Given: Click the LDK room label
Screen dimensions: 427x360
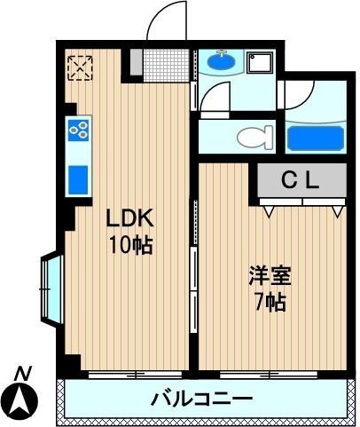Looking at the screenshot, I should [x=131, y=218].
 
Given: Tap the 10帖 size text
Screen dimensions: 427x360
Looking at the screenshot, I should [x=131, y=243].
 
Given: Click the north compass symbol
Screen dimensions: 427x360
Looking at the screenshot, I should [x=23, y=403].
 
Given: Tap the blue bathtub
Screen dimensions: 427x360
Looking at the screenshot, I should [x=316, y=138].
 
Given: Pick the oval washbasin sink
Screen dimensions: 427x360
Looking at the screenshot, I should [x=221, y=63].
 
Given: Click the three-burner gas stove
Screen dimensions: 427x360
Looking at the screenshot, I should [x=79, y=130].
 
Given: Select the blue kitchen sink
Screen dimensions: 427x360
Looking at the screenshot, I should [x=79, y=178].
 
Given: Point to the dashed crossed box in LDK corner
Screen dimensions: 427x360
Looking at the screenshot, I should [x=81, y=67].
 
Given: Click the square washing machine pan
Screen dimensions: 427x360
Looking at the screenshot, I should [x=260, y=64].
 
